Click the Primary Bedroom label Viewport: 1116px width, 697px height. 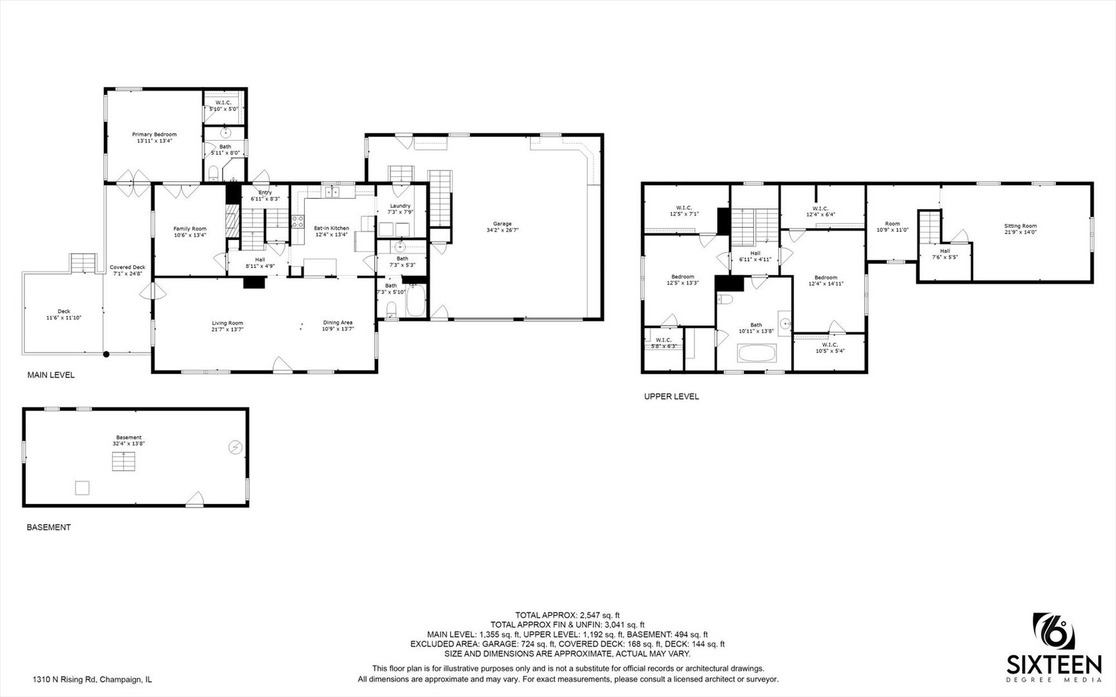154,134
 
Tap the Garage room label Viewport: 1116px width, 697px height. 502,224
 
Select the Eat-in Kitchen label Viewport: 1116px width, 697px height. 331,228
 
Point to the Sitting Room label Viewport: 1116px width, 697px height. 1020,226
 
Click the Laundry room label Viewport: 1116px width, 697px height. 400,206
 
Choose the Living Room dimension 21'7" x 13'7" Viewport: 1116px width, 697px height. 228,329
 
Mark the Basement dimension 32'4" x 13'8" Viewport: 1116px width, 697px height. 128,443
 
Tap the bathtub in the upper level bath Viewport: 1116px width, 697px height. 756,354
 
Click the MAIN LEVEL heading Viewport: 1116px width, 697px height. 50,375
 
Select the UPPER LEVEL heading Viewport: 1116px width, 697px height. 671,397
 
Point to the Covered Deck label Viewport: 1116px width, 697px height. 127,267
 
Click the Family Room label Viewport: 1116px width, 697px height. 190,228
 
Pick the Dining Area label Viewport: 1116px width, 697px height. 338,323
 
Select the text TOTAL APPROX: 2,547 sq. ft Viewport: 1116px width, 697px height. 567,615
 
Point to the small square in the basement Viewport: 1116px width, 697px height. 82,487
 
